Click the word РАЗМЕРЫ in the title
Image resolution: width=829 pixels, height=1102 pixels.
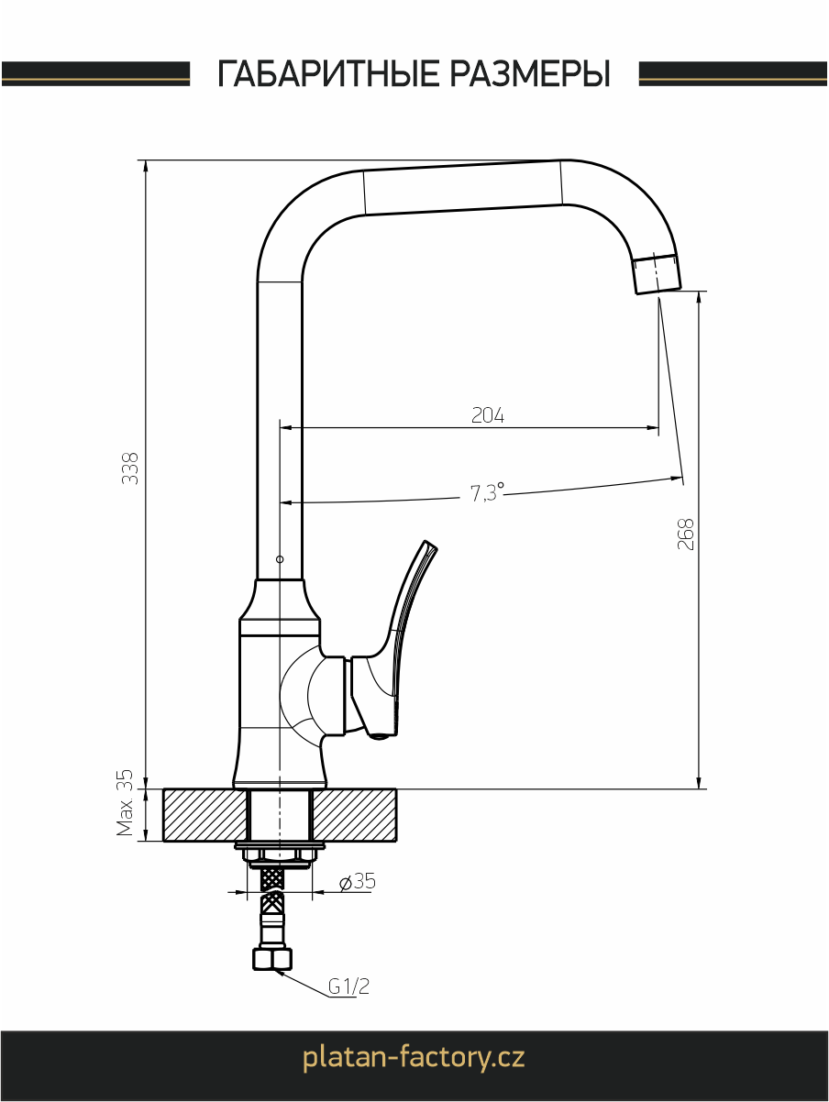530,73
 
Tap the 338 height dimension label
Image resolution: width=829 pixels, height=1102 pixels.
130,468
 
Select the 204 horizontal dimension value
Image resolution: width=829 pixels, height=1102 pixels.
488,414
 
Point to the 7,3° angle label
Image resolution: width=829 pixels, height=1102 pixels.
487,492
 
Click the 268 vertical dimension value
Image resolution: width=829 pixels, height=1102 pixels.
685,534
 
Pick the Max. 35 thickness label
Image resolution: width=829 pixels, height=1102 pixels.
125,802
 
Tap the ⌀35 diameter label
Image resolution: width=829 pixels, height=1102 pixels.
357,882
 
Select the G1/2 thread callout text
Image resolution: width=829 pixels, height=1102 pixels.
349,986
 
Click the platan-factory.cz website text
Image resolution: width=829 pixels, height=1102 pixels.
414,1057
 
